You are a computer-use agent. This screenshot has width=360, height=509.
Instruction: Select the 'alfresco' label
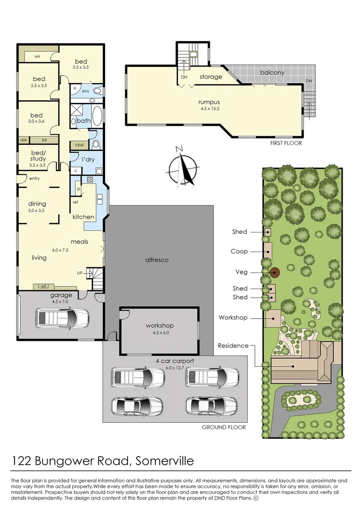[x=157, y=260]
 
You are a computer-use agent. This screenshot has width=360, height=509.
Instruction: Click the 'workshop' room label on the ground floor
[x=160, y=326]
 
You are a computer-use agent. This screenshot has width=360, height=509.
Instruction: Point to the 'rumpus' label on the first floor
[x=209, y=102]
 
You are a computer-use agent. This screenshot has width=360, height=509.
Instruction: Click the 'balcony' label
[x=272, y=73]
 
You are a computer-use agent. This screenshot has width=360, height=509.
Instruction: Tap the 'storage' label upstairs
[x=211, y=77]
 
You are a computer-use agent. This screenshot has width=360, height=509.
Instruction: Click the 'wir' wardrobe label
[x=37, y=57]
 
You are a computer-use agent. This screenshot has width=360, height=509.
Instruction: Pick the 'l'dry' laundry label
[x=88, y=159]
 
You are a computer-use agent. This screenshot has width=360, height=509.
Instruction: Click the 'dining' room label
[x=37, y=204]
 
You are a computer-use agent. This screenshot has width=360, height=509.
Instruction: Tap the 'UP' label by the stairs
[x=80, y=273]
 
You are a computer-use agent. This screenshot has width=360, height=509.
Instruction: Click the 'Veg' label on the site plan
[x=241, y=272]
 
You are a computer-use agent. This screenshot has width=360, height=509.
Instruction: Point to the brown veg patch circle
[x=275, y=272]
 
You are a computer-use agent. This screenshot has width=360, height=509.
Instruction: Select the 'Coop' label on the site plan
[x=239, y=252]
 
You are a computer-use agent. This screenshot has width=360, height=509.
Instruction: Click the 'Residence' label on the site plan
[x=233, y=345]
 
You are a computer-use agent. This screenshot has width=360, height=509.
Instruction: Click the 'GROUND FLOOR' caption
[x=224, y=427]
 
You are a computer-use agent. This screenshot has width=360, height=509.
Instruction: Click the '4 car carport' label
[x=175, y=361]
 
